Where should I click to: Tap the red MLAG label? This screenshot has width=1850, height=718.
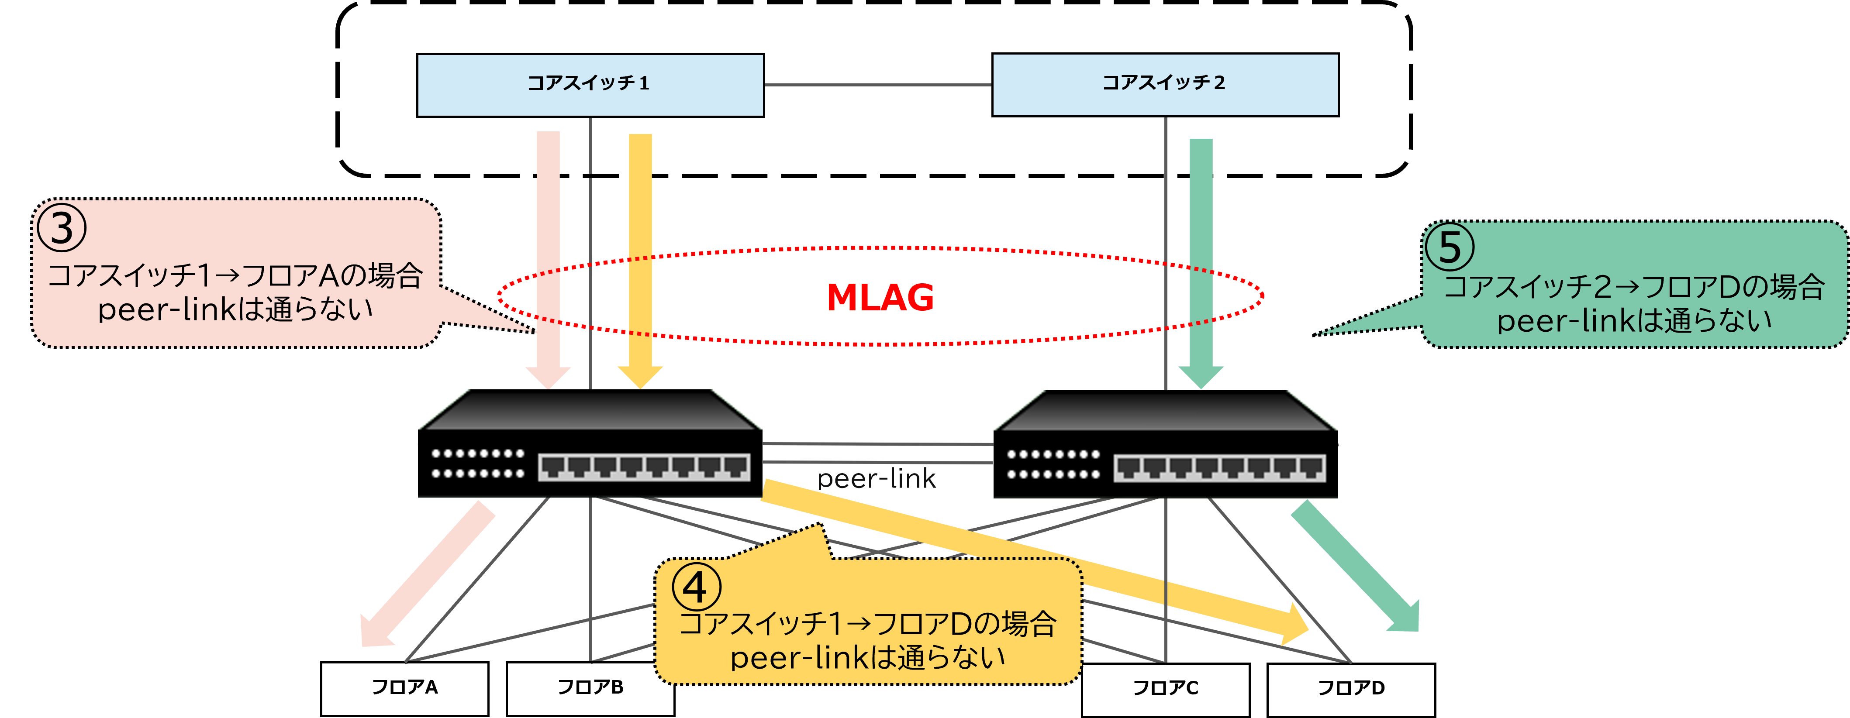[880, 297]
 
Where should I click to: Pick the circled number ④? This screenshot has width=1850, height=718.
[696, 587]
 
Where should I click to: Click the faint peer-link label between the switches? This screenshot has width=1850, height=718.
[876, 478]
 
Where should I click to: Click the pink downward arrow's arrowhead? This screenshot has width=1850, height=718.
[548, 377]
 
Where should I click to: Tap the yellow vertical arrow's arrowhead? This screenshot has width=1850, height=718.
[640, 377]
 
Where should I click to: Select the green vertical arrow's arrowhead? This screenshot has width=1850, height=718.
[1201, 377]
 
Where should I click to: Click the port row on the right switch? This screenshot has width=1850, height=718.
[1219, 468]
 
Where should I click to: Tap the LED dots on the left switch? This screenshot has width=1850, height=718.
[478, 463]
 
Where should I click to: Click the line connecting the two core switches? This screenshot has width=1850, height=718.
[877, 85]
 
